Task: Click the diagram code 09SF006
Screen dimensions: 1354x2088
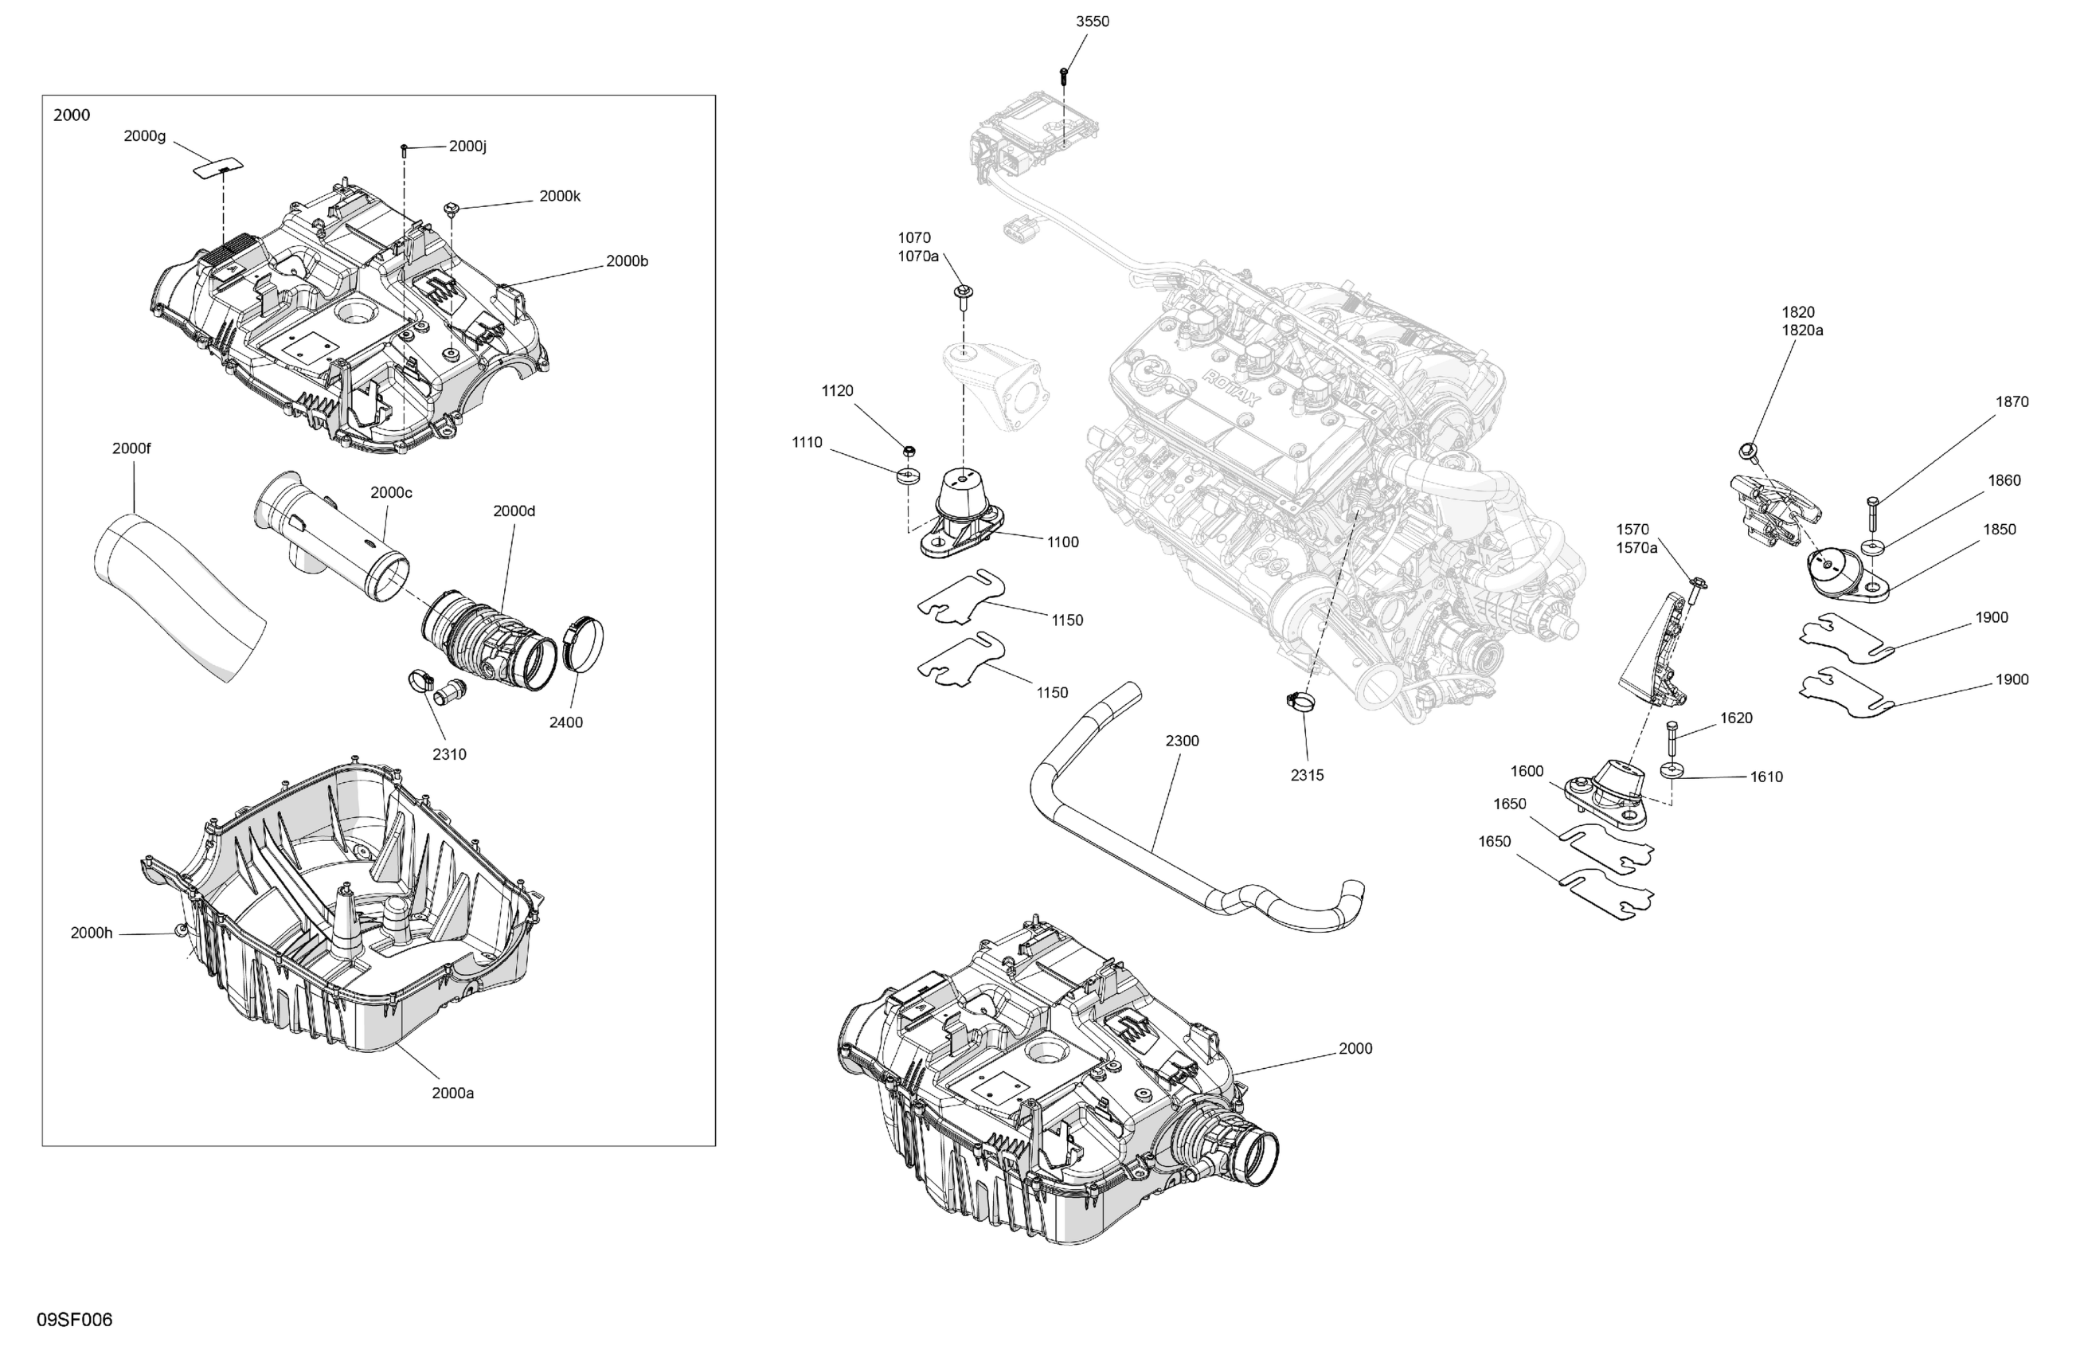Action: click(75, 1320)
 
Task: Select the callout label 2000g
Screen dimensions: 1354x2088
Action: click(145, 136)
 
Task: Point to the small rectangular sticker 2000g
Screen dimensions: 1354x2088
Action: click(218, 166)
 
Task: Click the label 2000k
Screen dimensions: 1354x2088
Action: click(560, 197)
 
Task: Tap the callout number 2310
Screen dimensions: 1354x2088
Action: click(449, 753)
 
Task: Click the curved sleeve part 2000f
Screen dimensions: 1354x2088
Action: click(180, 597)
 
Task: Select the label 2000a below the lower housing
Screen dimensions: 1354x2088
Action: click(452, 1093)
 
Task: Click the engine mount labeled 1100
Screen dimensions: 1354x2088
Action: click(960, 518)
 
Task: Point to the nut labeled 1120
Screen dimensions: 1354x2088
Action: click(909, 451)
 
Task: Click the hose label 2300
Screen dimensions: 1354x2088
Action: click(1182, 741)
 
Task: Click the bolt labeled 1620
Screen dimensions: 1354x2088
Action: click(1671, 742)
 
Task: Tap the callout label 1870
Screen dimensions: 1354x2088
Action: click(2012, 402)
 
